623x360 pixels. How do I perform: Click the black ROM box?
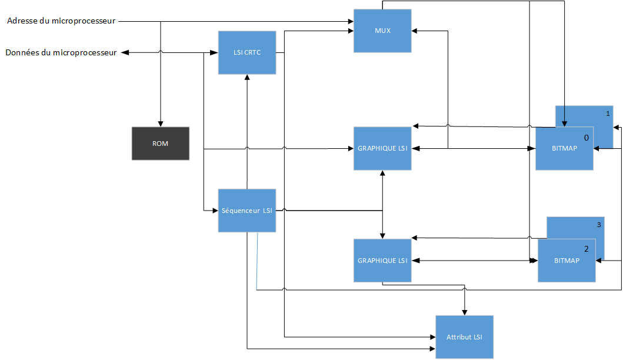[x=160, y=144]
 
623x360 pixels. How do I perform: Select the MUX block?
[x=382, y=30]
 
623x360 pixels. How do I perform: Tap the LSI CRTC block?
[x=246, y=53]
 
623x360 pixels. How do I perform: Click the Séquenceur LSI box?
[x=246, y=211]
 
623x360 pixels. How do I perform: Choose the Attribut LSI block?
[x=464, y=337]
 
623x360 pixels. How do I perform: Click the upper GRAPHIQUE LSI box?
[x=382, y=148]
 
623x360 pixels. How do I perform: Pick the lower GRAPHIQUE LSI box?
[x=382, y=261]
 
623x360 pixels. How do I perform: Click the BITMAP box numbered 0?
[x=564, y=149]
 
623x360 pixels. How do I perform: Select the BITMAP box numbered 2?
[x=566, y=261]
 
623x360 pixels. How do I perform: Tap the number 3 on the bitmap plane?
[x=599, y=224]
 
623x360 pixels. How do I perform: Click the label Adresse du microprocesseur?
[x=62, y=22]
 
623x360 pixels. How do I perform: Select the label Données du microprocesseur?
[x=61, y=53]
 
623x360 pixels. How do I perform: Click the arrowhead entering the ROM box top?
[x=160, y=124]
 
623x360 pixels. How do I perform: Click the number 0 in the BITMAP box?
[x=586, y=137]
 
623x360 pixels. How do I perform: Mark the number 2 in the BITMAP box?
[x=586, y=248]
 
